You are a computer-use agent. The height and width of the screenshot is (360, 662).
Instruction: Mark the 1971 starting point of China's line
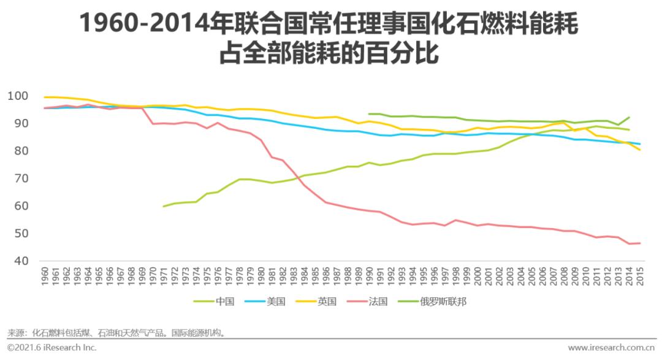point(164,206)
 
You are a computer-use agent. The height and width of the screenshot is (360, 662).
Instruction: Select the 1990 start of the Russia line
point(369,113)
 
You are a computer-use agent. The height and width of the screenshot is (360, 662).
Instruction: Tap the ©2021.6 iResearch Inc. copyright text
point(52,348)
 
